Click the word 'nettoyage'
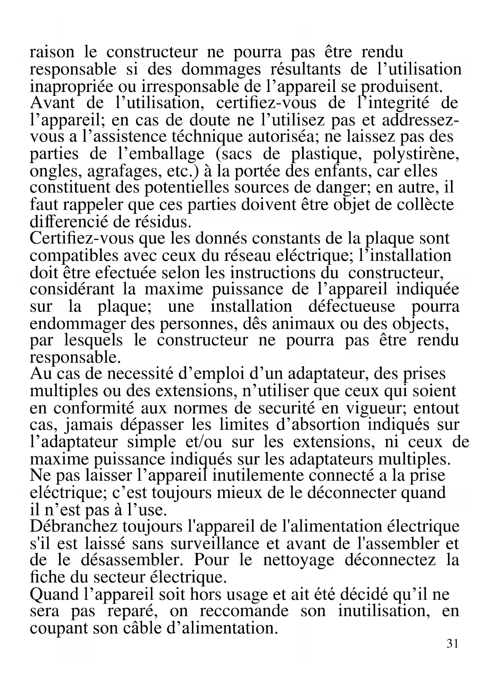299,560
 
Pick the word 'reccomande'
244,611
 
